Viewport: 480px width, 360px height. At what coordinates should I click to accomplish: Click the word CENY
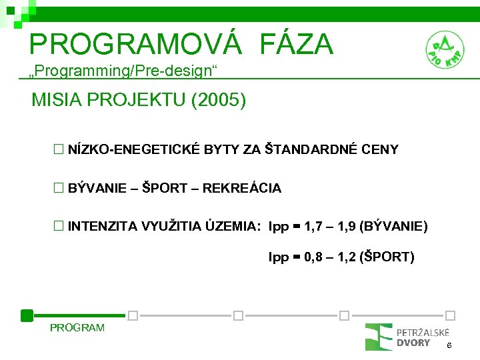click(x=379, y=150)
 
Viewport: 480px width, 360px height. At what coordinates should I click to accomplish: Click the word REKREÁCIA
click(x=241, y=189)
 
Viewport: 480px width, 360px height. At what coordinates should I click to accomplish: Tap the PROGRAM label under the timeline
click(x=77, y=327)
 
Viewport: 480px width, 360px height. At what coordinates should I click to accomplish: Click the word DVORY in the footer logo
click(x=413, y=343)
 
